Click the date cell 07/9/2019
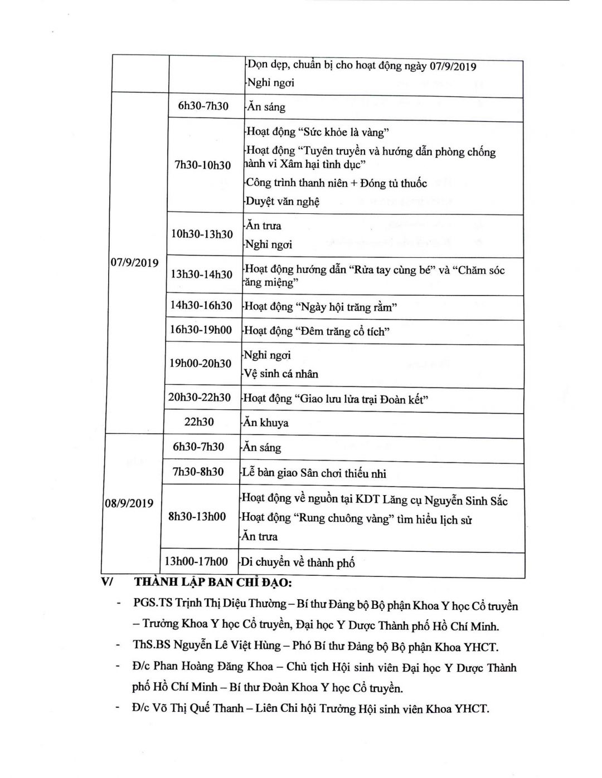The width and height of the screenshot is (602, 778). [x=134, y=263]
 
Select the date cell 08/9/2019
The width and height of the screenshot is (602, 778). [x=129, y=503]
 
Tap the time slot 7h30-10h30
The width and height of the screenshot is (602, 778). [x=203, y=165]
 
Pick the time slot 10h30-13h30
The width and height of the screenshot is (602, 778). [x=202, y=234]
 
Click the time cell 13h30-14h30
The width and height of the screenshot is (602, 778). [x=202, y=274]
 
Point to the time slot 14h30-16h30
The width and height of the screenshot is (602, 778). [x=201, y=305]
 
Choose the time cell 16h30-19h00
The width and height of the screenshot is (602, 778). [x=201, y=330]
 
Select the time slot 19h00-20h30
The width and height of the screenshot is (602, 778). [x=200, y=363]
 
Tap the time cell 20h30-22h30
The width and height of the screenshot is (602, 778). [x=200, y=397]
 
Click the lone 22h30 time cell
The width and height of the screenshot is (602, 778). [x=199, y=422]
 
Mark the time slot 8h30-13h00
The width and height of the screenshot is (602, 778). [x=197, y=516]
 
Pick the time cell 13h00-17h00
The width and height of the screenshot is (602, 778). [x=196, y=561]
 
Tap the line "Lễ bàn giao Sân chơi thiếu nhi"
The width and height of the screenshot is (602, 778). [x=314, y=473]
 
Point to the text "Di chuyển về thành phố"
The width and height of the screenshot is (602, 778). [x=298, y=562]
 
